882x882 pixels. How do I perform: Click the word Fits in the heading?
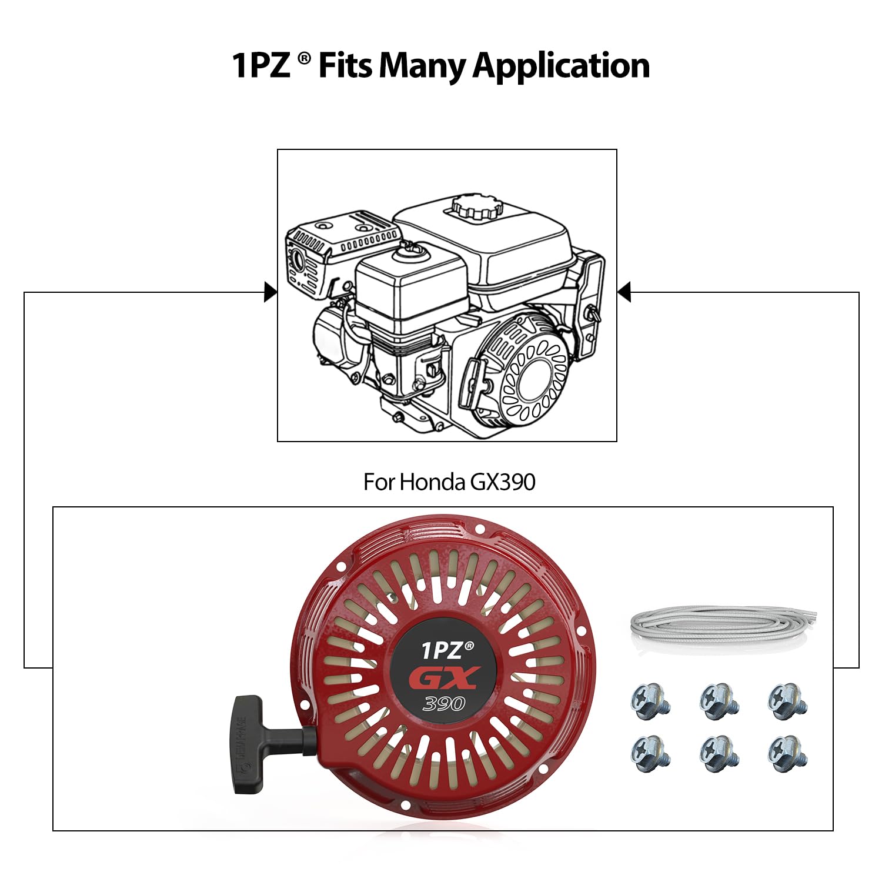(x=345, y=65)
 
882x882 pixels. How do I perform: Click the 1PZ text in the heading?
(x=260, y=65)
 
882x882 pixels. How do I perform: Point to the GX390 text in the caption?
(x=503, y=482)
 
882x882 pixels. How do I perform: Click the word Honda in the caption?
(x=432, y=482)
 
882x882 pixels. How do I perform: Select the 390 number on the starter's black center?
(x=444, y=703)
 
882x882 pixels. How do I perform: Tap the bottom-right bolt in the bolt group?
(x=788, y=753)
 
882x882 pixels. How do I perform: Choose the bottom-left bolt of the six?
(x=650, y=753)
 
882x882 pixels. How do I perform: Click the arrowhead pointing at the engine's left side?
(x=270, y=292)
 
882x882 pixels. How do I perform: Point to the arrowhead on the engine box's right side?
(x=624, y=292)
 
